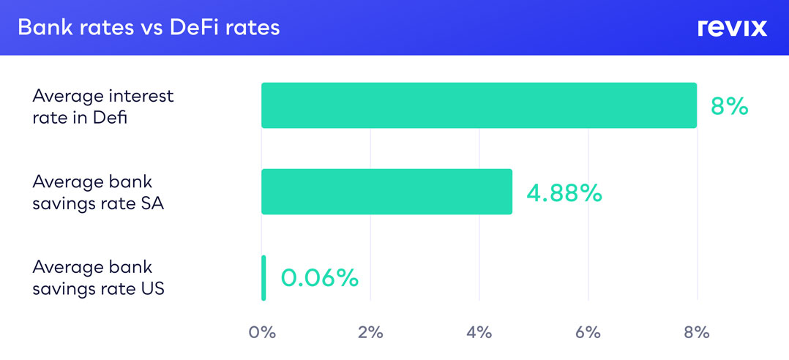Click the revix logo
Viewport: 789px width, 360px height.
[732, 28]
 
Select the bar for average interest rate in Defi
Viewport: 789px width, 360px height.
[479, 105]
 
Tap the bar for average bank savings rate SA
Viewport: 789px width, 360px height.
[386, 192]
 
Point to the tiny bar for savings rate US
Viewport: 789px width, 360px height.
[263, 278]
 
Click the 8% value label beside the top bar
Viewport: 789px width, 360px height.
[730, 106]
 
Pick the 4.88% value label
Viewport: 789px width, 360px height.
[564, 192]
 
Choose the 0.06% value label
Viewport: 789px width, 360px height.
[319, 278]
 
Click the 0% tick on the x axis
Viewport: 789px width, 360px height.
[262, 332]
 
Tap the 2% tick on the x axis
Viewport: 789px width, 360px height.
[370, 332]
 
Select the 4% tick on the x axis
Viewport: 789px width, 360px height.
[479, 332]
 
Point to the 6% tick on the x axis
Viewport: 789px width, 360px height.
[588, 332]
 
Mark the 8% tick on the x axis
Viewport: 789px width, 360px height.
[697, 332]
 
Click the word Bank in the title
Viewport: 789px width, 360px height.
[41, 28]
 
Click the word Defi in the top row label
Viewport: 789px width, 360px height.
[109, 117]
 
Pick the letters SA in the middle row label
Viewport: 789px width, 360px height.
[152, 203]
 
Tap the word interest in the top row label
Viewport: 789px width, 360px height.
[132, 97]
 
